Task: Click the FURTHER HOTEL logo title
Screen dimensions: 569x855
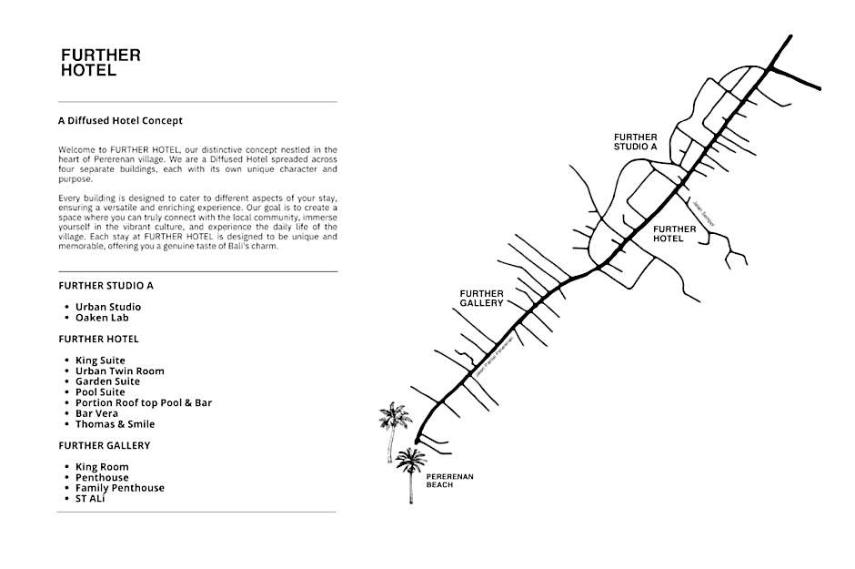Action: (x=100, y=63)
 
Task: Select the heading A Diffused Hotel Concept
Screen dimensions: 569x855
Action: (x=120, y=120)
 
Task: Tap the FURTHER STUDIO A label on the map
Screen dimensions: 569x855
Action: (x=636, y=141)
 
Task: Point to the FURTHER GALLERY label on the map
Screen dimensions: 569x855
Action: (x=481, y=298)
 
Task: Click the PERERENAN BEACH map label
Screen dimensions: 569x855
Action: (x=450, y=481)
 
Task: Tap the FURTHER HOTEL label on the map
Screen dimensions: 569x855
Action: (x=675, y=234)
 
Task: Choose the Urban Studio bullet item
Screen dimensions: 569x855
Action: (x=108, y=307)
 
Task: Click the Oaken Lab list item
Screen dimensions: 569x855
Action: (x=102, y=318)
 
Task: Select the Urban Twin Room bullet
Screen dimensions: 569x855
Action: (x=119, y=371)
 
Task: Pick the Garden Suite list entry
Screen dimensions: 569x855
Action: (x=107, y=381)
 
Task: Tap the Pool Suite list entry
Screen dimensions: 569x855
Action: (x=100, y=392)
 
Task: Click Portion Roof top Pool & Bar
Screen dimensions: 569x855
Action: (x=143, y=402)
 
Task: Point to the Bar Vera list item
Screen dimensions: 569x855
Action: (x=96, y=413)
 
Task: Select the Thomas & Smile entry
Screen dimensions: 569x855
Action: (x=115, y=424)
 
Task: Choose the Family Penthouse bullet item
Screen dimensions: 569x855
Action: (x=119, y=488)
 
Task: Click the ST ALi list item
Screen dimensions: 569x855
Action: (x=90, y=499)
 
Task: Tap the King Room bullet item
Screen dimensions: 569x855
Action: (x=102, y=467)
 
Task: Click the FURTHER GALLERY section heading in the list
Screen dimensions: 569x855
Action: (x=104, y=445)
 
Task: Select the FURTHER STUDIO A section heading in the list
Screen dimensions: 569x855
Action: (x=106, y=285)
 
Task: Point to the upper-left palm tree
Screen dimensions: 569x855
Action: (x=395, y=422)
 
